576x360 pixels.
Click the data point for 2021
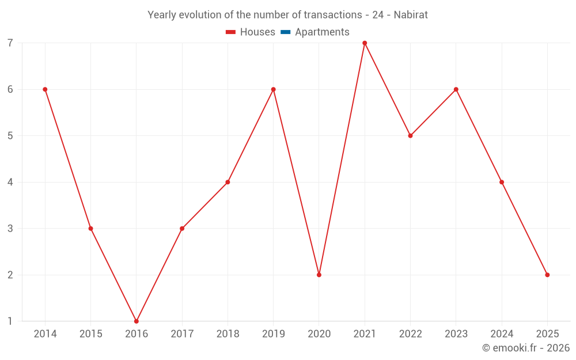coord(365,43)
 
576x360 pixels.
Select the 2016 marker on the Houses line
coord(137,321)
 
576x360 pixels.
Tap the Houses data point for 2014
coord(45,89)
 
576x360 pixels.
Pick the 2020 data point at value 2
coord(319,275)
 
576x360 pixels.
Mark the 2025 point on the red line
coord(547,275)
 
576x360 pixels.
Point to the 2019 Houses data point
coord(274,89)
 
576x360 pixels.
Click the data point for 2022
coord(410,136)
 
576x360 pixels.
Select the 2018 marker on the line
coord(228,182)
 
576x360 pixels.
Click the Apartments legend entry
coord(322,32)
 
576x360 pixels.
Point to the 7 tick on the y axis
coord(10,43)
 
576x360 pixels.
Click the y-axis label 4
coord(10,182)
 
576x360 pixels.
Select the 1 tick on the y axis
coord(10,321)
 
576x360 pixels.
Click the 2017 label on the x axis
coord(182,334)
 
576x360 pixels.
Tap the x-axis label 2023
coord(456,334)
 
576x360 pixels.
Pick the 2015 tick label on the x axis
coord(90,334)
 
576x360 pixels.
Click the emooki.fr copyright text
coord(525,348)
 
